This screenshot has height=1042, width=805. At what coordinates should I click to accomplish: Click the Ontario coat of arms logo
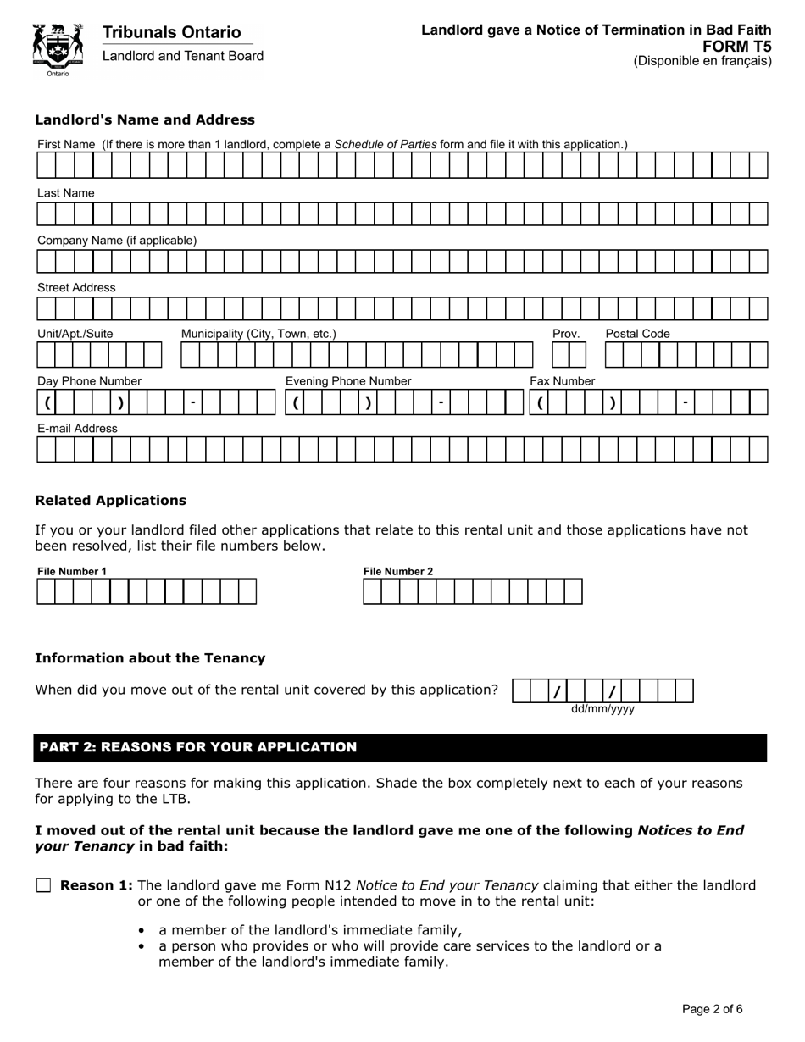[58, 47]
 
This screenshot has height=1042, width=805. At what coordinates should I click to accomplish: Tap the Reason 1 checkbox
[44, 886]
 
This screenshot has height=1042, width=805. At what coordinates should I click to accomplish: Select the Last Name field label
[65, 193]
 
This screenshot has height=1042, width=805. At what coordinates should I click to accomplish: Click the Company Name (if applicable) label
[116, 241]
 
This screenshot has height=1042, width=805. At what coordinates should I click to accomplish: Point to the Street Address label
[76, 288]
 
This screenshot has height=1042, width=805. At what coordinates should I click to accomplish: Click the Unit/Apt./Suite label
[75, 334]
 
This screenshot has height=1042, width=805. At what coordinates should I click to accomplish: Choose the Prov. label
[566, 334]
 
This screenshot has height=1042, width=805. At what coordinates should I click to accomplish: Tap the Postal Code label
[637, 334]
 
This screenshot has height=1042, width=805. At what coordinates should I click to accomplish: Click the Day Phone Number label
[89, 381]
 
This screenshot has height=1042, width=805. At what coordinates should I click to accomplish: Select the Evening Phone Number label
[348, 381]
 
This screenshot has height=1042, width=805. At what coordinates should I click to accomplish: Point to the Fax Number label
[563, 381]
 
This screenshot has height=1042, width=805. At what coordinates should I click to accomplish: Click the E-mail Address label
[77, 429]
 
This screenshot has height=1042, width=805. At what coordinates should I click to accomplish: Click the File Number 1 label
[72, 572]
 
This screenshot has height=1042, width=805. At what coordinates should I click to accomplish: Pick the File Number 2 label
[398, 572]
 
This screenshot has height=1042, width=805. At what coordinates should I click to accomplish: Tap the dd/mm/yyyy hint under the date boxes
[602, 709]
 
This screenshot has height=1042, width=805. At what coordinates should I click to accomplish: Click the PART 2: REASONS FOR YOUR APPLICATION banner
[400, 747]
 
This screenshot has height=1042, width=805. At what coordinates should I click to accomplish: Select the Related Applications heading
[110, 500]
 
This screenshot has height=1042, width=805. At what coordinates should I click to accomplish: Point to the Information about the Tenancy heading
[150, 658]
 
